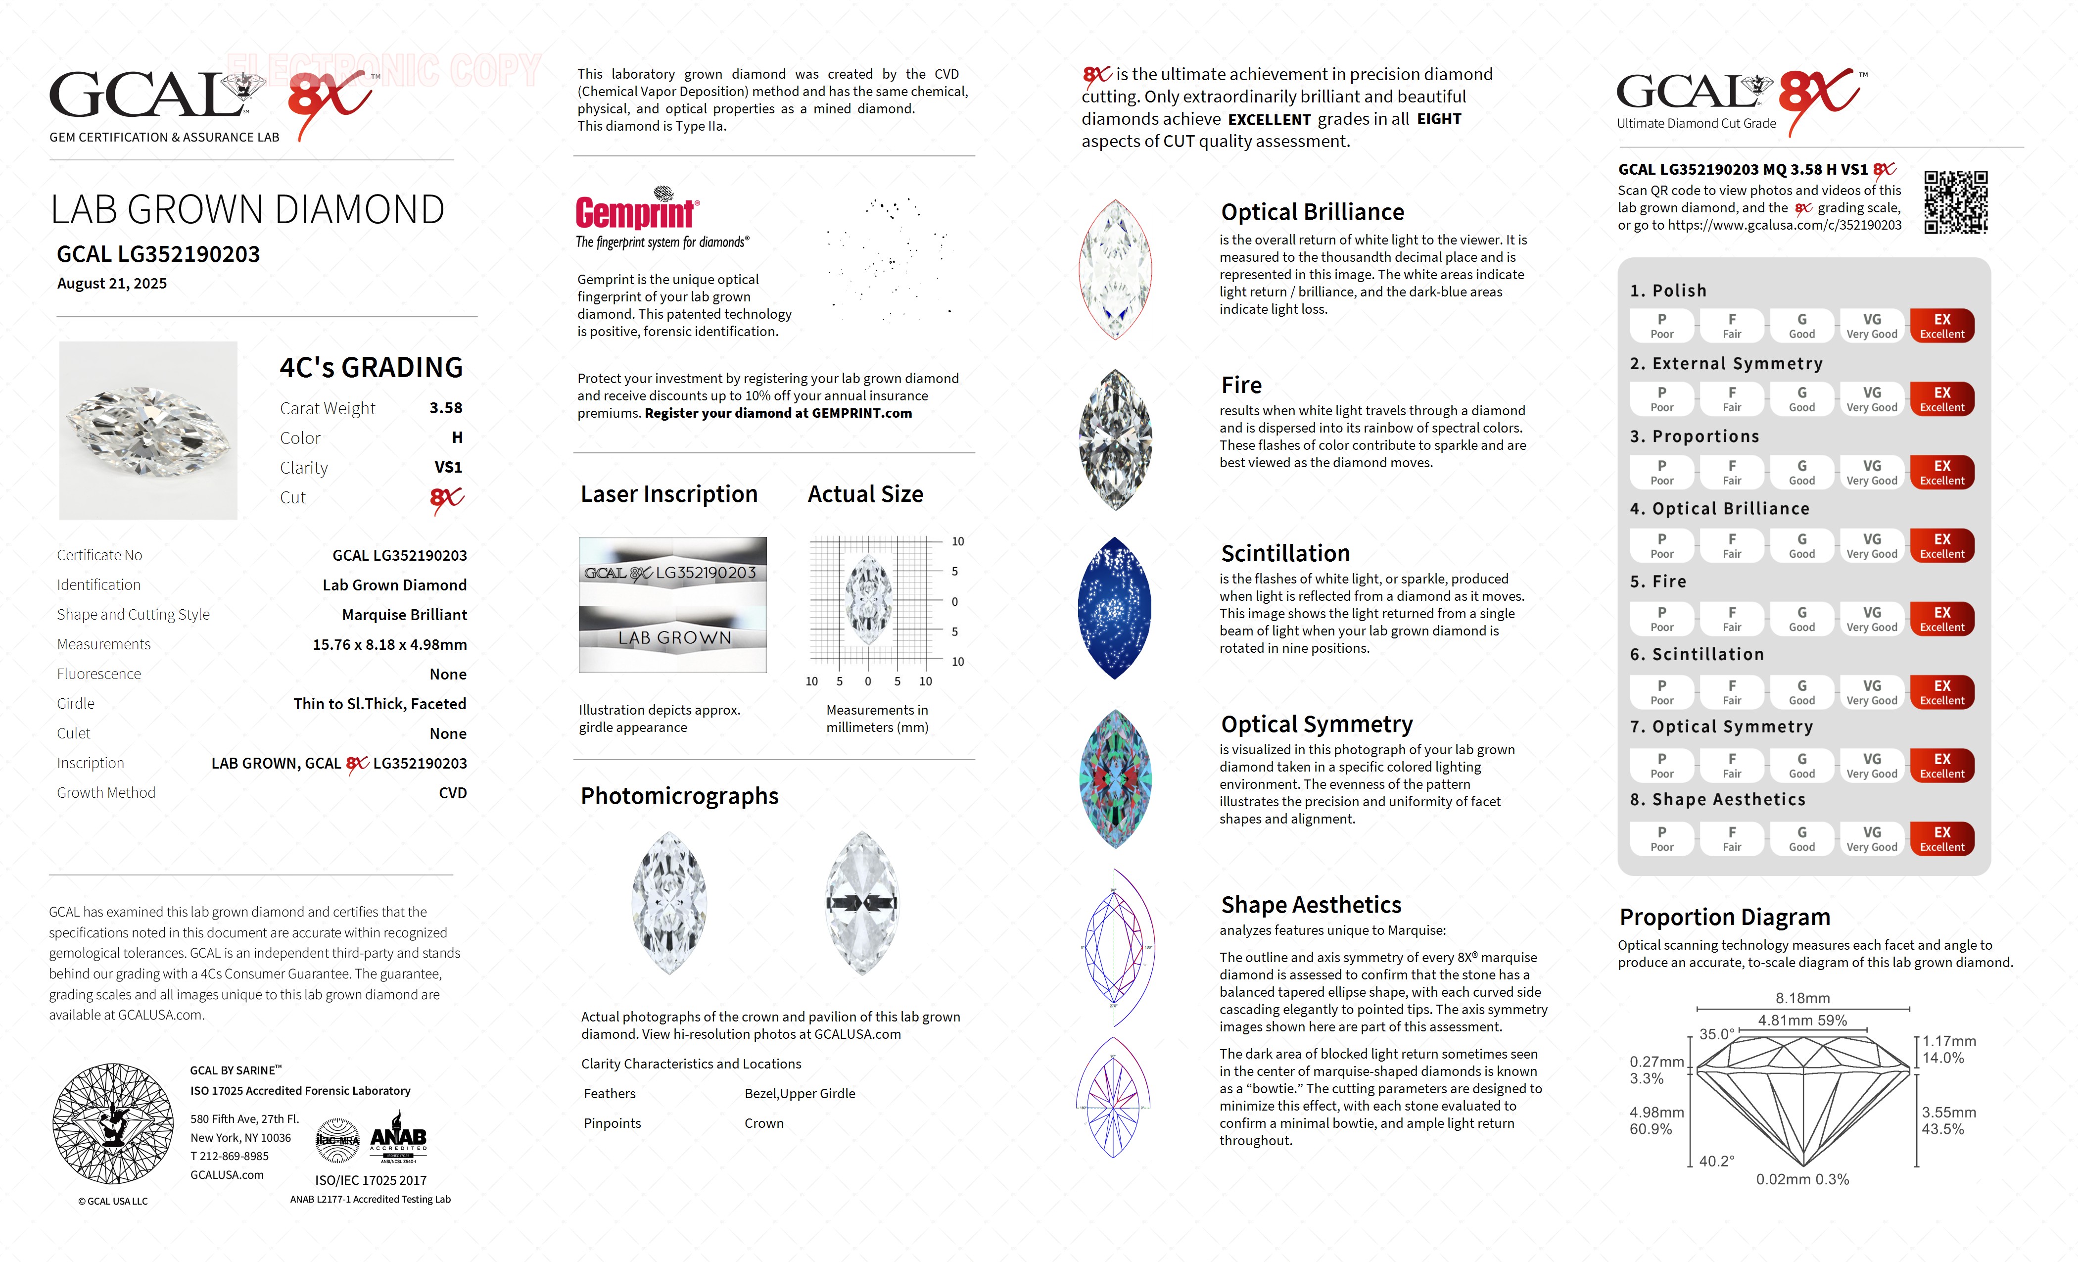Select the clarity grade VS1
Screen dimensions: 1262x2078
click(448, 467)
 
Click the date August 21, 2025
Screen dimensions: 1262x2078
click(112, 284)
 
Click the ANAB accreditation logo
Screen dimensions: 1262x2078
click(398, 1141)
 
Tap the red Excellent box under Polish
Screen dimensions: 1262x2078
click(1941, 326)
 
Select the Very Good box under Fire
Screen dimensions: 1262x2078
click(1871, 618)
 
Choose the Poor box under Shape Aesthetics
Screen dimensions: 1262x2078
click(1661, 838)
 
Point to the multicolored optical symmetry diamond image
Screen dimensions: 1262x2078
click(1115, 778)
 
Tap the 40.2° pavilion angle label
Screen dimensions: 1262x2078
click(1716, 1161)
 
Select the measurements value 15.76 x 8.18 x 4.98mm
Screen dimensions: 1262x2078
click(390, 644)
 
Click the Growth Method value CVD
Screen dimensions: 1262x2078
click(452, 793)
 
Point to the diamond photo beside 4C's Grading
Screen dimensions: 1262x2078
click(148, 430)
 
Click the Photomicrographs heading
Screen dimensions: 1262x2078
click(679, 795)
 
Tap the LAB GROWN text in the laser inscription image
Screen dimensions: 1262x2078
click(674, 638)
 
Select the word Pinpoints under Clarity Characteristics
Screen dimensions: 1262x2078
click(613, 1123)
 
